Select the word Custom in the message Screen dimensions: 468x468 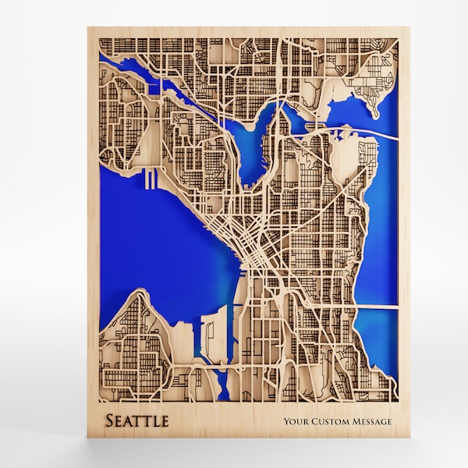(x=332, y=423)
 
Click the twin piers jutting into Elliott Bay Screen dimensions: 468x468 (x=151, y=181)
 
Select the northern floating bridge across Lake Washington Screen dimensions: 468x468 (x=367, y=130)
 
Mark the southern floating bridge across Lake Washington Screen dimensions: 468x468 (x=378, y=308)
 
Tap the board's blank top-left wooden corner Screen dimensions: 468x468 (x=95, y=34)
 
